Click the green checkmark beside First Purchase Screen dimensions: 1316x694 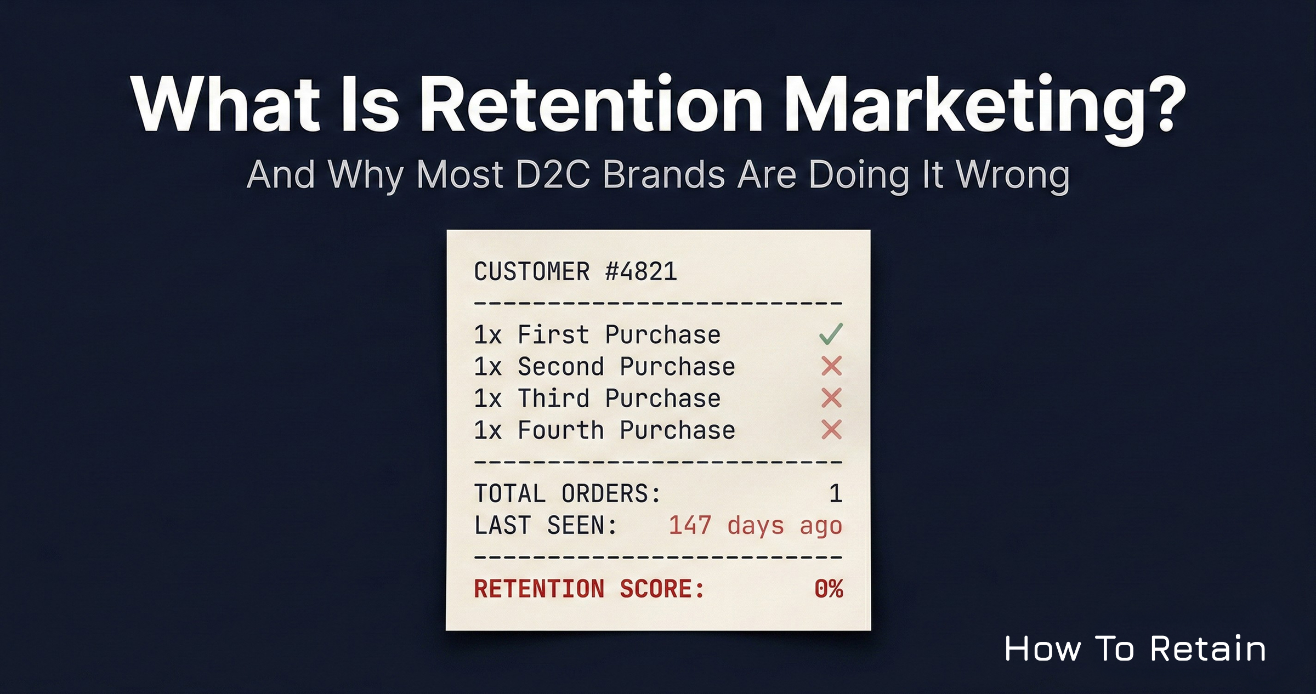pyautogui.click(x=831, y=333)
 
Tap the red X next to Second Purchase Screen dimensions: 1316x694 pyautogui.click(x=832, y=366)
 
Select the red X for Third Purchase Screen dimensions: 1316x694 pyautogui.click(x=832, y=398)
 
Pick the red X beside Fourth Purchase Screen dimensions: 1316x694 pyautogui.click(x=832, y=430)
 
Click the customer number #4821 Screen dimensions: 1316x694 pyautogui.click(x=641, y=271)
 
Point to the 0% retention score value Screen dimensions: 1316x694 pyautogui.click(x=829, y=589)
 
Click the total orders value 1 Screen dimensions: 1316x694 pyautogui.click(x=836, y=493)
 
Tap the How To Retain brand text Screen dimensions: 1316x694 pyautogui.click(x=1135, y=649)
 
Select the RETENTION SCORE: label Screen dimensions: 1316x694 pyautogui.click(x=589, y=589)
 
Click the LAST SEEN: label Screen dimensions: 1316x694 pyautogui.click(x=546, y=526)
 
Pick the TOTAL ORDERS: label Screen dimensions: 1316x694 pyautogui.click(x=568, y=493)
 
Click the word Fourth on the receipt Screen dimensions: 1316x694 pyautogui.click(x=560, y=430)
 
